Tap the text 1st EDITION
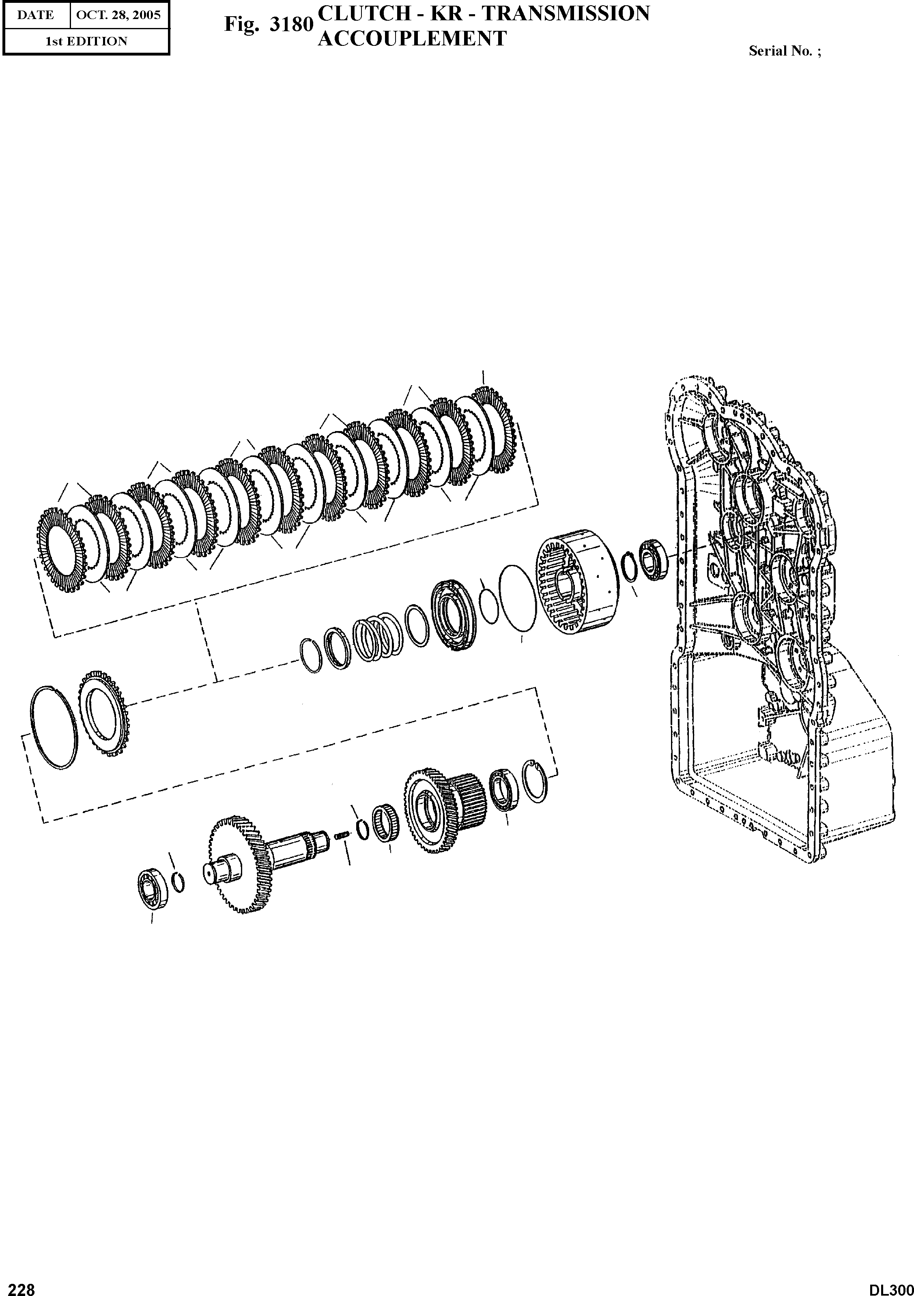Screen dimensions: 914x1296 click(x=86, y=41)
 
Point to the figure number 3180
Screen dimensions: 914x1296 click(x=291, y=25)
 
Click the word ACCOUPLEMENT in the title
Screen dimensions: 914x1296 click(x=412, y=39)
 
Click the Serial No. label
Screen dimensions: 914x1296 click(x=785, y=51)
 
